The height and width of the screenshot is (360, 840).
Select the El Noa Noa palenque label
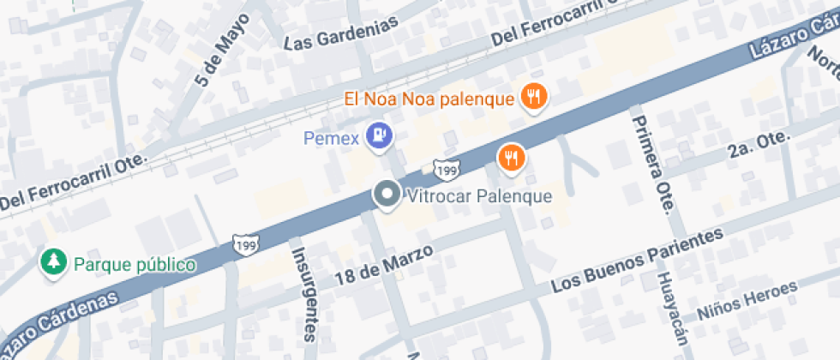[x=429, y=98]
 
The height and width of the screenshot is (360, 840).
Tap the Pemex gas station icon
[x=378, y=135]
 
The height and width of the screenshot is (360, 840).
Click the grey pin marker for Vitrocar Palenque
[x=387, y=195]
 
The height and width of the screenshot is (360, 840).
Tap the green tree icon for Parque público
[x=54, y=263]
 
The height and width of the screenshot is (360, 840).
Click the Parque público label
[x=135, y=264]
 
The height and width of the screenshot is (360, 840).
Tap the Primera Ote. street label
[x=652, y=163]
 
